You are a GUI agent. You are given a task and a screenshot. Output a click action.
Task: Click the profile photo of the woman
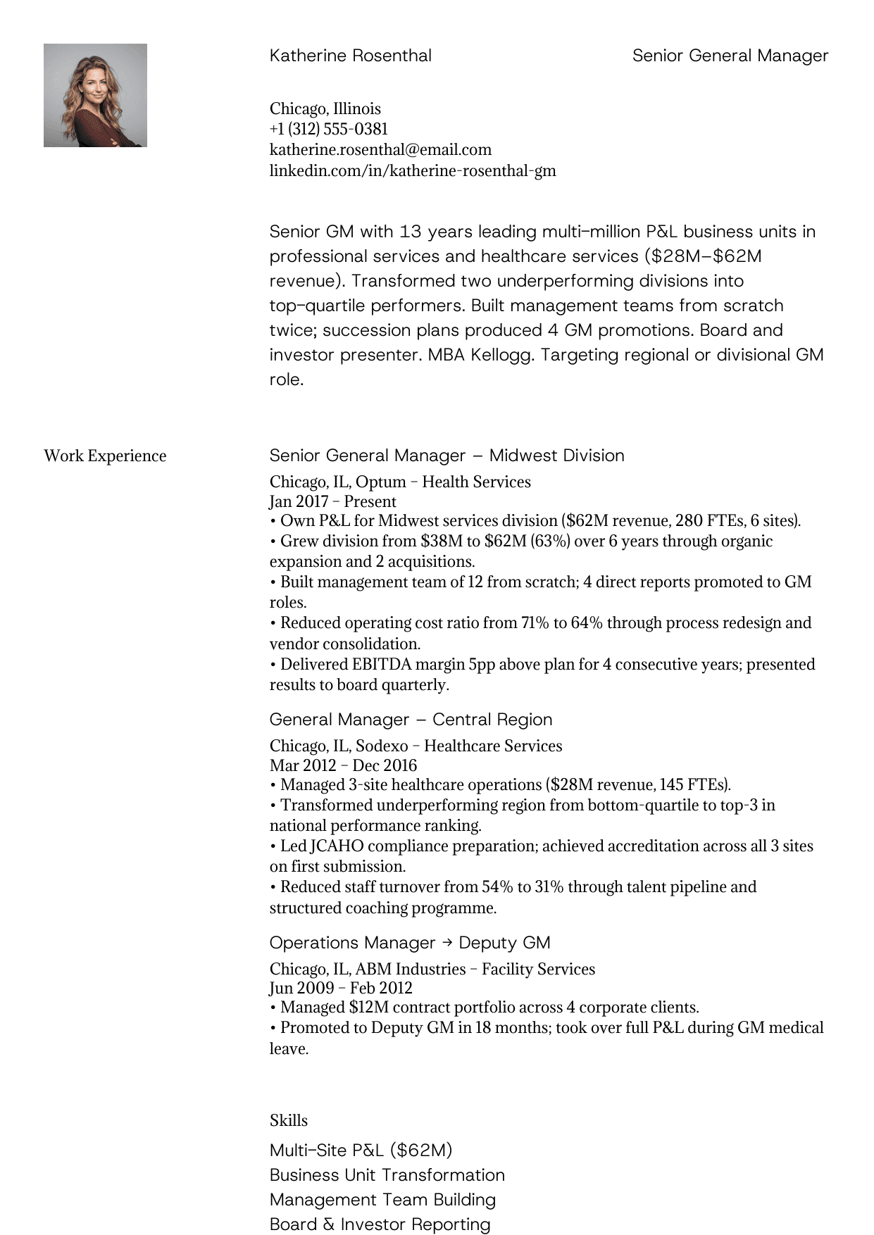pos(95,95)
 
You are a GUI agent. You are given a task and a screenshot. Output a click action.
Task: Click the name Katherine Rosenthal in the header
pos(350,56)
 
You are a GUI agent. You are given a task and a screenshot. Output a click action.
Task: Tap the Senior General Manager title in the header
pos(730,56)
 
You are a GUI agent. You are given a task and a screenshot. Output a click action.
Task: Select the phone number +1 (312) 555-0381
pos(328,129)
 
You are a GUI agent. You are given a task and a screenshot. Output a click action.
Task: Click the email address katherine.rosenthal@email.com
pos(380,149)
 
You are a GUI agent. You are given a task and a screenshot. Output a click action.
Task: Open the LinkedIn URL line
pos(413,170)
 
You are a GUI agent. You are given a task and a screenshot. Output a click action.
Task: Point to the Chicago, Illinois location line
pos(325,108)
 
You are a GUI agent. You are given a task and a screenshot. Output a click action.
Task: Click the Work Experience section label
pos(105,456)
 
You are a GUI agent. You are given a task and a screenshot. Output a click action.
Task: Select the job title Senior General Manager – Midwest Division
pos(447,456)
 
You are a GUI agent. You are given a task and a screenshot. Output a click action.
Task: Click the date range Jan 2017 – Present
pos(332,501)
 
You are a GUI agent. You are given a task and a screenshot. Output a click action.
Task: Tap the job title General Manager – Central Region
pos(411,720)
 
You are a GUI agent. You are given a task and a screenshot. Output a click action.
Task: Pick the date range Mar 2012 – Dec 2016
pos(343,765)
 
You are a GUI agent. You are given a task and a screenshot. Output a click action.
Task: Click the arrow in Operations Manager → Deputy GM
pos(447,943)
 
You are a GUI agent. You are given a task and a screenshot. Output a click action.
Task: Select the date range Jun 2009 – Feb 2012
pos(340,988)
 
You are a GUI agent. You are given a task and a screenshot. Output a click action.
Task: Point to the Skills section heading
pos(289,1120)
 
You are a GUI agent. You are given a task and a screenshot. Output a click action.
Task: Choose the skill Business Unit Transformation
pos(387,1175)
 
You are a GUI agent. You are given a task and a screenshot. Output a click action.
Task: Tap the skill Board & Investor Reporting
pos(380,1224)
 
